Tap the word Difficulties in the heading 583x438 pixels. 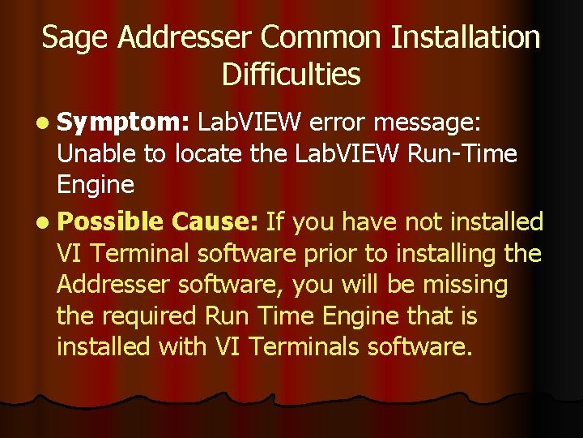click(291, 75)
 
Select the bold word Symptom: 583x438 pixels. click(124, 124)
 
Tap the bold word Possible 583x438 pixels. click(113, 222)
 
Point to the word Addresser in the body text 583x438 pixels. click(112, 285)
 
